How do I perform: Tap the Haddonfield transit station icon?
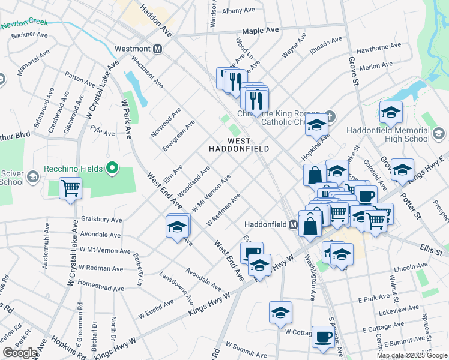(x=294, y=224)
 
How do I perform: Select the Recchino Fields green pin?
(x=110, y=169)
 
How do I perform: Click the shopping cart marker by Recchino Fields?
(x=71, y=188)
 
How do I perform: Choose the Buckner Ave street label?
(x=29, y=35)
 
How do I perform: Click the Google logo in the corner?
(x=20, y=353)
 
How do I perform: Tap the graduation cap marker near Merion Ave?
(x=390, y=111)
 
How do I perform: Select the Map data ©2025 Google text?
(x=412, y=355)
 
